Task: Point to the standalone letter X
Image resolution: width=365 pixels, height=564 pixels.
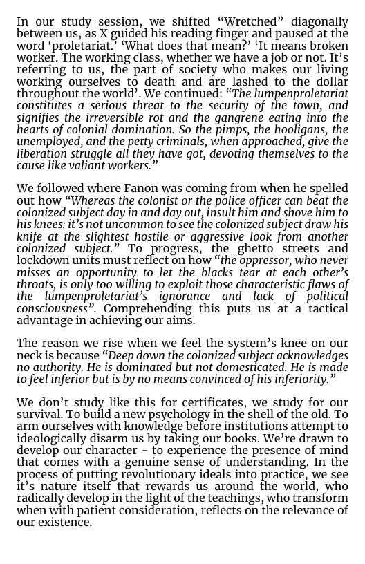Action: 104,34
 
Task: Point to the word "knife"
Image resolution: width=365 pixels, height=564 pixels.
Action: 31,237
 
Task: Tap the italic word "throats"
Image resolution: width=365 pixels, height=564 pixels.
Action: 36,285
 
